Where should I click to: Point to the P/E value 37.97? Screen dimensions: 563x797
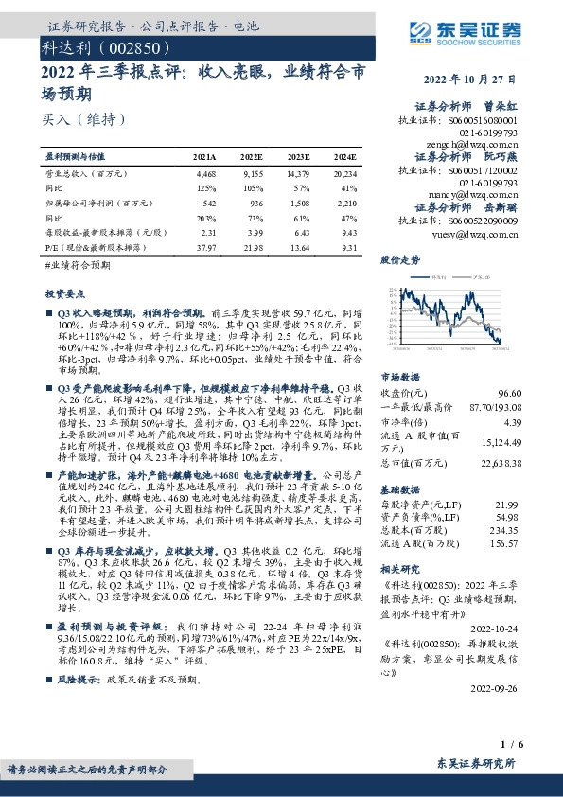[x=204, y=246]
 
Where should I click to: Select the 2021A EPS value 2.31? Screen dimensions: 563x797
[x=206, y=232]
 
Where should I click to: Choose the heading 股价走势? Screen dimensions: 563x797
[x=400, y=258]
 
